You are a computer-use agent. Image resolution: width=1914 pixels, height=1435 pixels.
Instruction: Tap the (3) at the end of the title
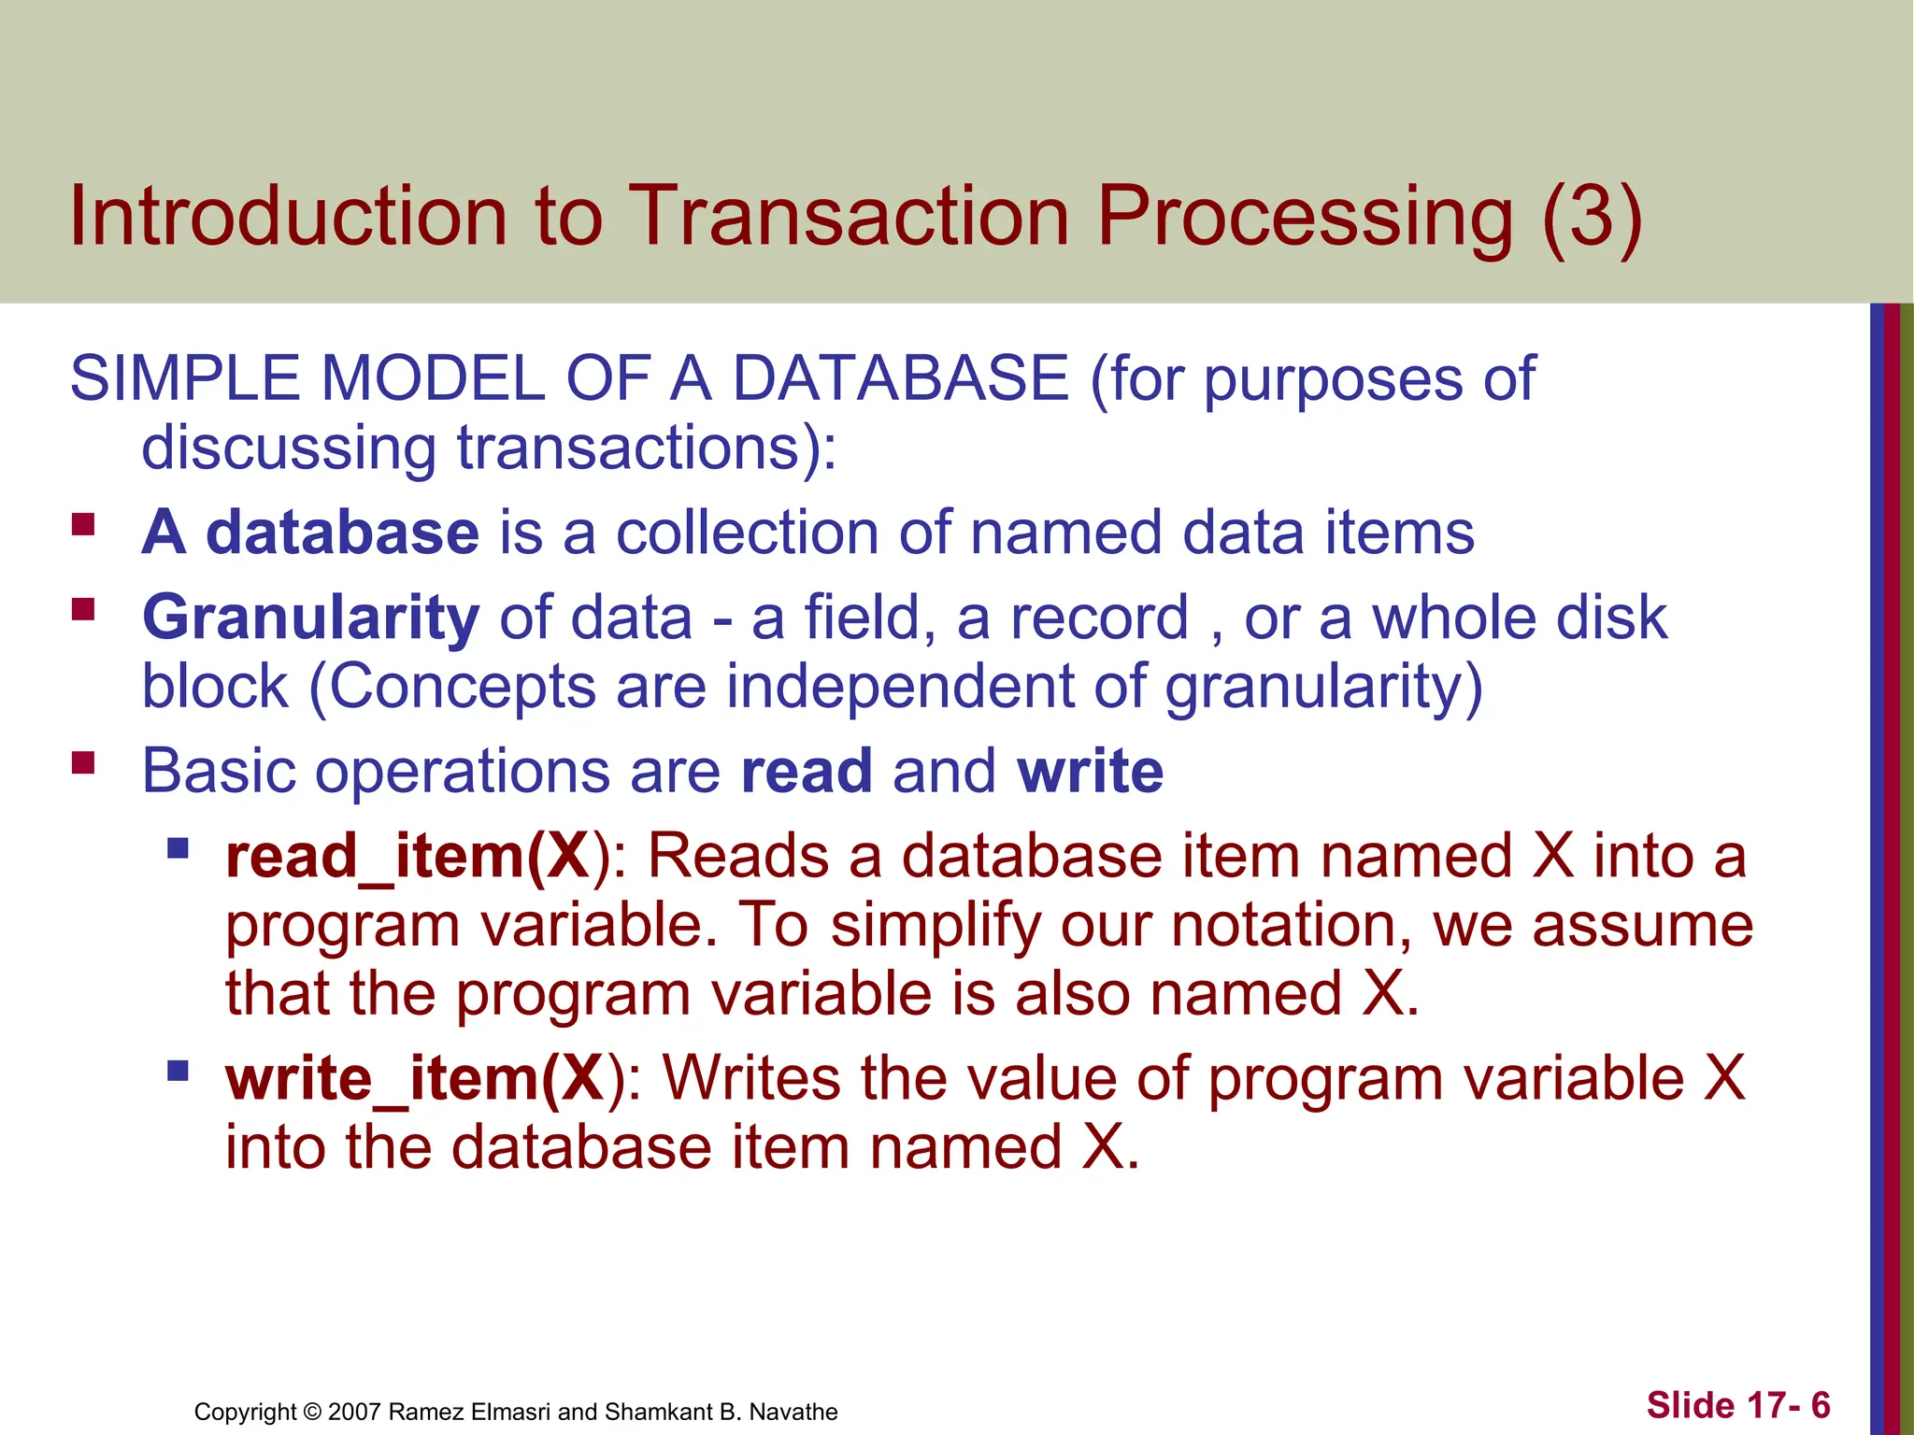pyautogui.click(x=1592, y=217)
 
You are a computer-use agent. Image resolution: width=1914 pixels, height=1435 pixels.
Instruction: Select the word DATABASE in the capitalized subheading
pyautogui.click(x=899, y=379)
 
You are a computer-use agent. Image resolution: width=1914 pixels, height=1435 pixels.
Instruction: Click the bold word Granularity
pyautogui.click(x=310, y=618)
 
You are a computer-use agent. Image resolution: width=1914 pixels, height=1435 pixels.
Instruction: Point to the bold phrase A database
pyautogui.click(x=310, y=533)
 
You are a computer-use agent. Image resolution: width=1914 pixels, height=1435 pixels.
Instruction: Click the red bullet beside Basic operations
pyautogui.click(x=84, y=763)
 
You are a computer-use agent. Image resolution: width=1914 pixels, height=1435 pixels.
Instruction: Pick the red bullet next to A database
pyautogui.click(x=84, y=524)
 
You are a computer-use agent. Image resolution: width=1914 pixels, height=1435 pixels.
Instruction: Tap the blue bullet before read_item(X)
pyautogui.click(x=178, y=848)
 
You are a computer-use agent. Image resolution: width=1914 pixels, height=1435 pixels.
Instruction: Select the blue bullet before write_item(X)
pyautogui.click(x=178, y=1070)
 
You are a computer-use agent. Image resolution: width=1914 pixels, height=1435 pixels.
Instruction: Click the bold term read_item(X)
pyautogui.click(x=408, y=857)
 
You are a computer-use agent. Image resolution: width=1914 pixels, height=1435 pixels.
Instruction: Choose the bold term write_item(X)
pyautogui.click(x=415, y=1079)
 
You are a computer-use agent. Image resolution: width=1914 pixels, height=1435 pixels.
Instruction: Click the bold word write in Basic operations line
pyautogui.click(x=1090, y=772)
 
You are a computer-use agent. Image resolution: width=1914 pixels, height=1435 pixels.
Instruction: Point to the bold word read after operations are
pyautogui.click(x=807, y=772)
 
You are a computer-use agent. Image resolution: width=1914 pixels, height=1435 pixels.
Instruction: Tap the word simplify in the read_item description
pyautogui.click(x=935, y=926)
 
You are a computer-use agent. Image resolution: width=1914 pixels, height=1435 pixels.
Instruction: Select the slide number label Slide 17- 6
pyautogui.click(x=1737, y=1405)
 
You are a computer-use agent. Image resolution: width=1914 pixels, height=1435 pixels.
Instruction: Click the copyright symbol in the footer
pyautogui.click(x=312, y=1412)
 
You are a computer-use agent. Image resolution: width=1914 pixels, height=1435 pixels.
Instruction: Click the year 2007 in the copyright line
pyautogui.click(x=353, y=1412)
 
